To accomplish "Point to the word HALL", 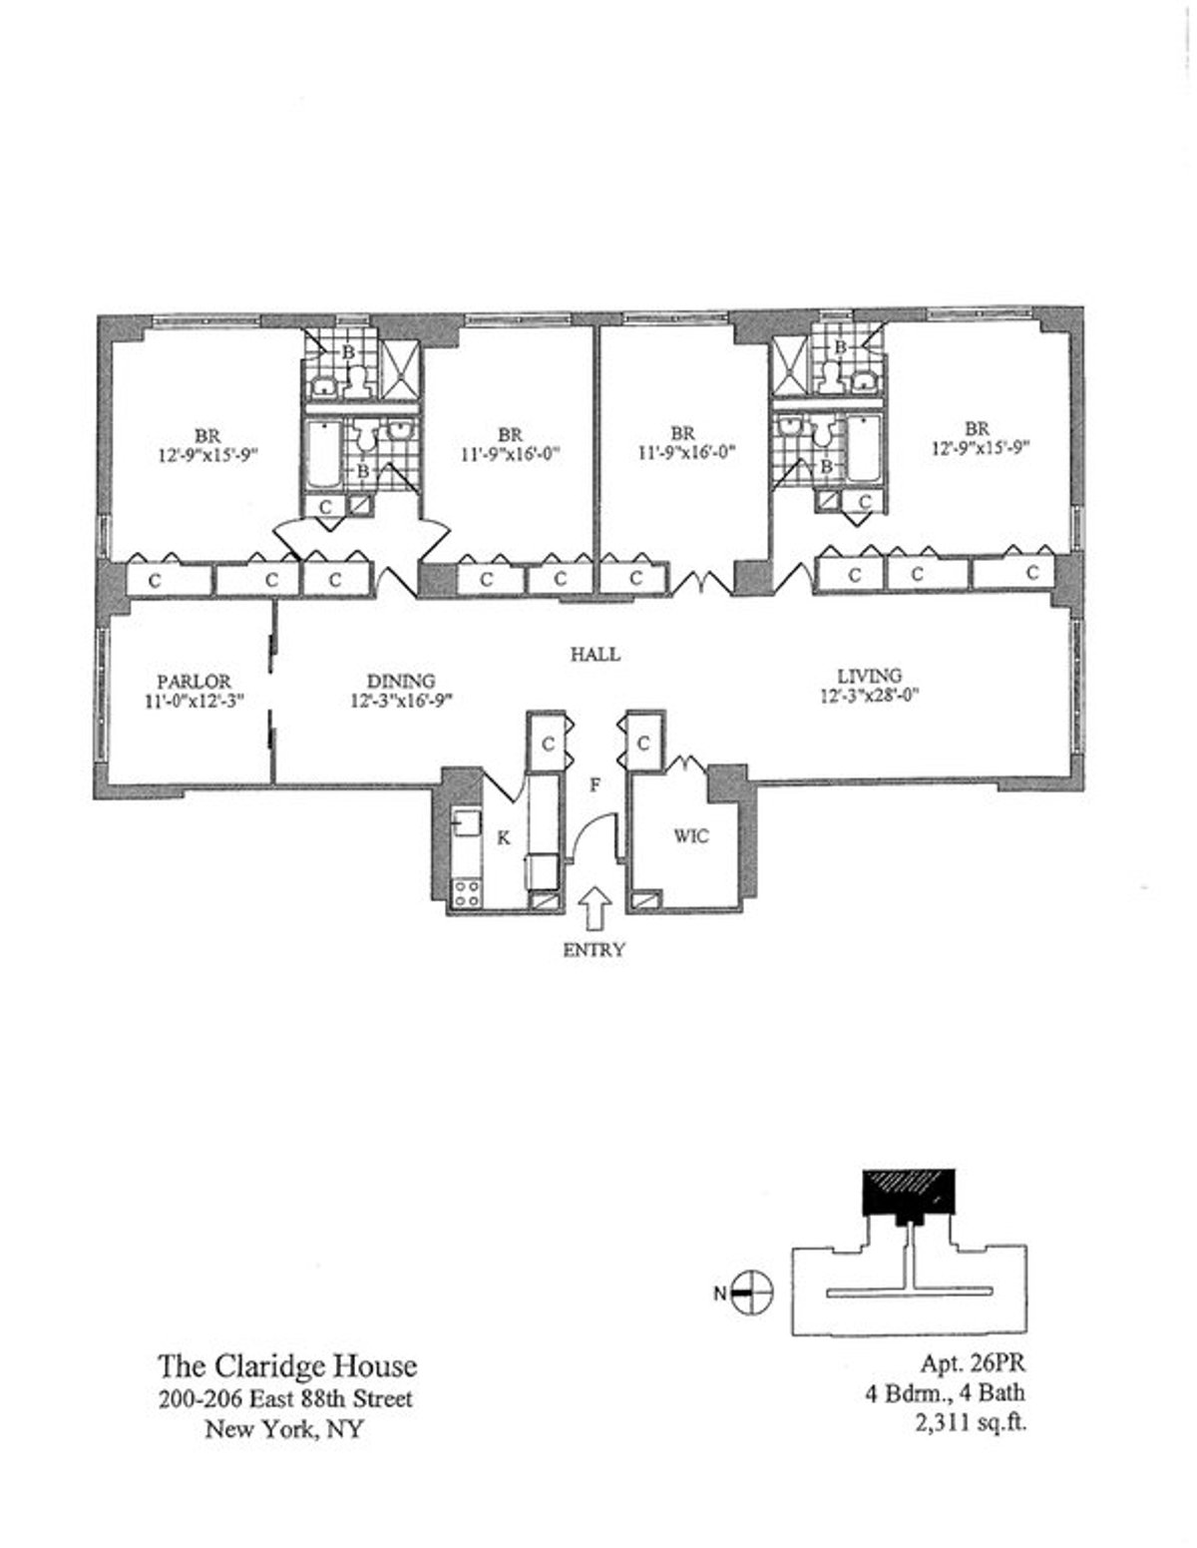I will pyautogui.click(x=595, y=655).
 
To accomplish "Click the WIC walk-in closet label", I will pyautogui.click(x=690, y=835).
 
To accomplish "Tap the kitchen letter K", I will pyautogui.click(x=504, y=838).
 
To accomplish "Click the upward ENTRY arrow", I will pyautogui.click(x=595, y=909).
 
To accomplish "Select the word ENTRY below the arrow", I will pyautogui.click(x=594, y=950).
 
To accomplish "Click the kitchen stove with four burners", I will pyautogui.click(x=466, y=891).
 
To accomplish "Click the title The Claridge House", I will pyautogui.click(x=287, y=1365).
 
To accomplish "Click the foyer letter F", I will pyautogui.click(x=595, y=785).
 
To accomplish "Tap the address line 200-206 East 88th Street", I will pyautogui.click(x=285, y=1399).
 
